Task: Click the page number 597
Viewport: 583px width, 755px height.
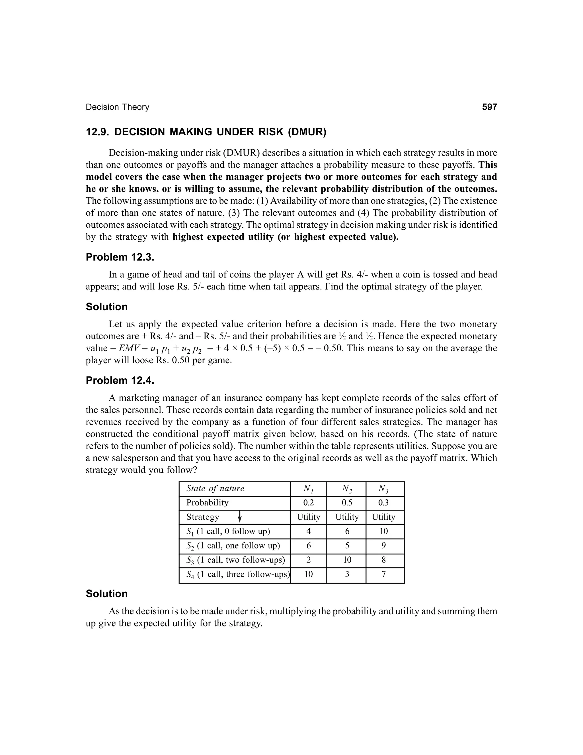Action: (x=489, y=107)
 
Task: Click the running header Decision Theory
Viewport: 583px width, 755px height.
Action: (x=118, y=107)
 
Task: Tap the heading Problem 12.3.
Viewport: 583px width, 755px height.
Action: (x=120, y=257)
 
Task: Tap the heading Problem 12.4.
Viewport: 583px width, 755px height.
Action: (x=120, y=380)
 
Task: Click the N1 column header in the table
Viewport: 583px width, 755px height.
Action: (x=308, y=489)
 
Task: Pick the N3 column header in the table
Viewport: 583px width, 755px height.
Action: (x=384, y=489)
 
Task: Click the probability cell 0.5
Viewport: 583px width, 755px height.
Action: (x=347, y=503)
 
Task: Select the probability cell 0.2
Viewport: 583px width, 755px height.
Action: (x=308, y=503)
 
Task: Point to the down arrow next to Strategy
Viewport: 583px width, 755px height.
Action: (x=240, y=517)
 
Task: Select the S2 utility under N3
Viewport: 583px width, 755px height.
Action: (x=384, y=546)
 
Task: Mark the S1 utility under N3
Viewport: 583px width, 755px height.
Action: (x=384, y=531)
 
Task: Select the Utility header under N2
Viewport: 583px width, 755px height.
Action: (x=347, y=517)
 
